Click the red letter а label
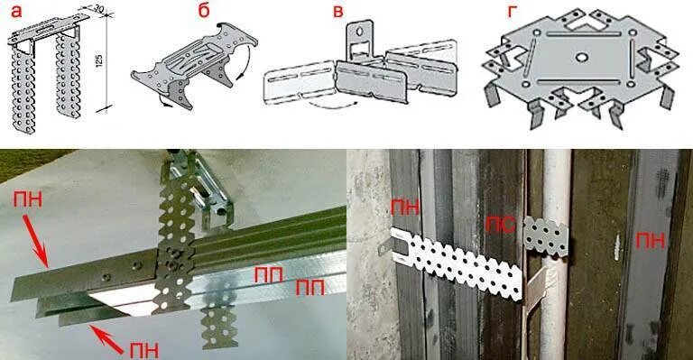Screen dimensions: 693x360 (16, 13)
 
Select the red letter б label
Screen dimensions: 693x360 (203, 11)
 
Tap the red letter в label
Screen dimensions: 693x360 (337, 12)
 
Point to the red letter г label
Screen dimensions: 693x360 (512, 12)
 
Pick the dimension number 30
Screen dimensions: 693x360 (98, 8)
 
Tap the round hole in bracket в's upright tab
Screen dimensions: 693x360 (361, 32)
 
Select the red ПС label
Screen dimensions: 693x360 (501, 226)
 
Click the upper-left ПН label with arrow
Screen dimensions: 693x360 (28, 200)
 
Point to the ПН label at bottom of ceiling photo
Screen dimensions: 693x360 (144, 350)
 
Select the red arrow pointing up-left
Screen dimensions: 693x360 (106, 339)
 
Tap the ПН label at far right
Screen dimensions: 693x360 (651, 241)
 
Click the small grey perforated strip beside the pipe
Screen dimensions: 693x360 (546, 236)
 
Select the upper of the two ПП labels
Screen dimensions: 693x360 (269, 275)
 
